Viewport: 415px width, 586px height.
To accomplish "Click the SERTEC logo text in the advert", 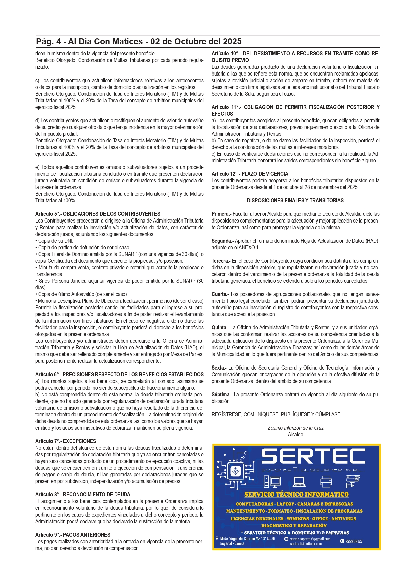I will (x=313, y=457).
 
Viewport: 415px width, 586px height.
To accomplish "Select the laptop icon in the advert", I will (x=299, y=481).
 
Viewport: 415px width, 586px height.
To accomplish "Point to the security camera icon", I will (x=353, y=481).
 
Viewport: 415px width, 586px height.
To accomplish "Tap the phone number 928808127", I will (x=354, y=541).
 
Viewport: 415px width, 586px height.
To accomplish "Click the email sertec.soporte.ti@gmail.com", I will (x=310, y=539).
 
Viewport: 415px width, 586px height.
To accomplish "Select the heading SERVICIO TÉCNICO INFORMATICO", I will (x=296, y=494).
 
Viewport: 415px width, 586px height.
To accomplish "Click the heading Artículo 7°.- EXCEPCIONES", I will (x=66, y=441).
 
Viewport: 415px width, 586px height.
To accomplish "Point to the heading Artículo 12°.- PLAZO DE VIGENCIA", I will (x=250, y=174).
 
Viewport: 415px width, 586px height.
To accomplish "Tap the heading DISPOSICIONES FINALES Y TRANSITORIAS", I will (x=295, y=200).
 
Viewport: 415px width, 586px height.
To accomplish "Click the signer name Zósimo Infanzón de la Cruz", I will (x=296, y=428).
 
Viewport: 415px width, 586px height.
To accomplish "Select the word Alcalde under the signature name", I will (x=296, y=434).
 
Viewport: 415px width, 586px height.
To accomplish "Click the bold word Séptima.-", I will (x=222, y=394).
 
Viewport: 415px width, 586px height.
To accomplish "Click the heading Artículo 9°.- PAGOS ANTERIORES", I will (x=73, y=535).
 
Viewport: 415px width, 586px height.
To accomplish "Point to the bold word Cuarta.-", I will (x=220, y=294).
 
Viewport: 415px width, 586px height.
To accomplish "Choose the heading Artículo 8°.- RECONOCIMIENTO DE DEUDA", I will (x=83, y=494).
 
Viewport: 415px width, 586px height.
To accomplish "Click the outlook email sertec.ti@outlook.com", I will (x=306, y=544).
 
